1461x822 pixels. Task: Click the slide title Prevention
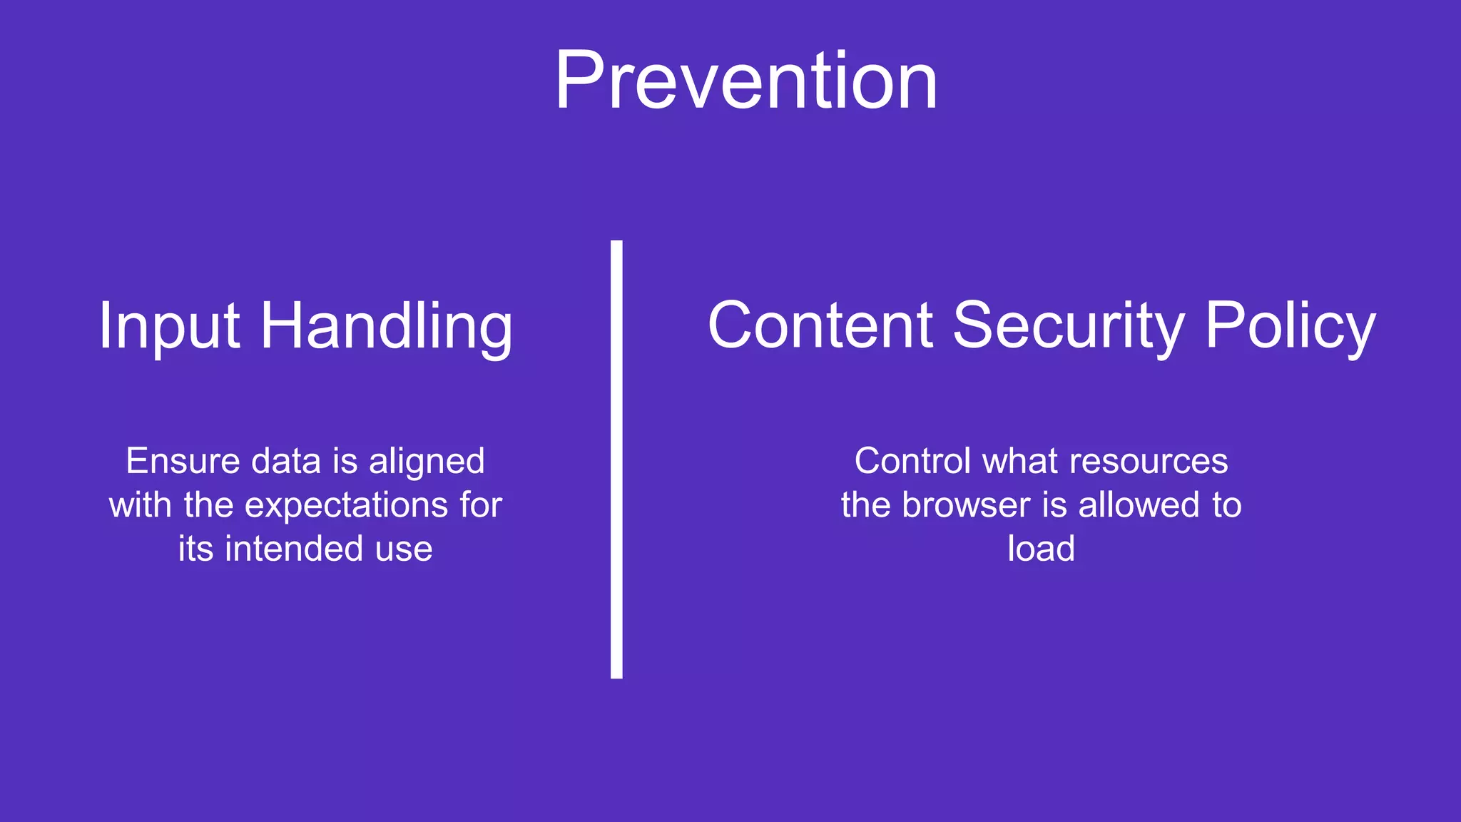(x=745, y=80)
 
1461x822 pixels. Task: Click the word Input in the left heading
(x=168, y=327)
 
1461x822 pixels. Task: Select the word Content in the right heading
(x=820, y=325)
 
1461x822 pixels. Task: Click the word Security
(x=1068, y=325)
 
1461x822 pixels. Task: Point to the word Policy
(x=1290, y=325)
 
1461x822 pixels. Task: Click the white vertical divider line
(x=616, y=459)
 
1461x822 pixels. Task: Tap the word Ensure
(x=183, y=461)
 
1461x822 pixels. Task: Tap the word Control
(x=912, y=461)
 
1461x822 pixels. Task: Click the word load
(x=1041, y=549)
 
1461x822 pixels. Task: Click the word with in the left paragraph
(x=140, y=505)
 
